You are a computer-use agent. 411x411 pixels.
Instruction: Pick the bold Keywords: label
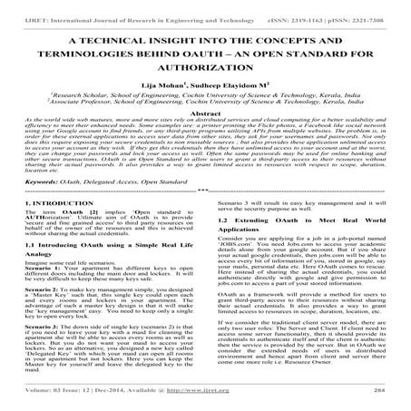point(28,206)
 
